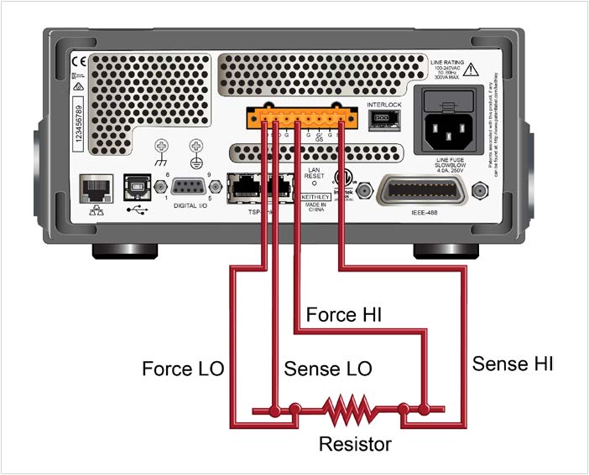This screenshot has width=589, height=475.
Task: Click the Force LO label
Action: [182, 369]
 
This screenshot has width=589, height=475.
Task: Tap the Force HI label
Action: [343, 316]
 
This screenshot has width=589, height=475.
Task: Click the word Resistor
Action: [355, 443]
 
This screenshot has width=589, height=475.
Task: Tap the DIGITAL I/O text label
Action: [191, 205]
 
